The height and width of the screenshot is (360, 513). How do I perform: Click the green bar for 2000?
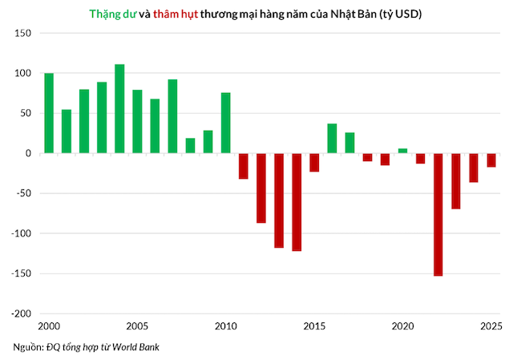(49, 113)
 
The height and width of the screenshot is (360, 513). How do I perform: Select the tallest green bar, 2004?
(119, 109)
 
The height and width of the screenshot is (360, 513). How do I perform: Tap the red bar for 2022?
(438, 215)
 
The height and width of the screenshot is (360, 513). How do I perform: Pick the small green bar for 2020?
(402, 151)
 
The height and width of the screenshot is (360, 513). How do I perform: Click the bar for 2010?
(226, 123)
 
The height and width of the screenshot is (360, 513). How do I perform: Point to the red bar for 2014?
(297, 202)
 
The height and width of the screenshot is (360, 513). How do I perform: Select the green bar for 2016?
(332, 139)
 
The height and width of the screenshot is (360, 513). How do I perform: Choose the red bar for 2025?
(491, 160)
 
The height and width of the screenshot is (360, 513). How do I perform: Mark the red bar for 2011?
(244, 166)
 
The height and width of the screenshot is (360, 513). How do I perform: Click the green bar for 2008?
(191, 146)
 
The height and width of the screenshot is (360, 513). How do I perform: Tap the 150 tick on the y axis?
(22, 33)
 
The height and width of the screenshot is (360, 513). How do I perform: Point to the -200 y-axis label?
(21, 313)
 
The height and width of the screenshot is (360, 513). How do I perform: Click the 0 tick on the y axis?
(28, 153)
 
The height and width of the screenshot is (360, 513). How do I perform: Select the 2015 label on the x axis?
(314, 326)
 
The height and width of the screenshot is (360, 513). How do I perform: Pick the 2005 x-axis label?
(137, 326)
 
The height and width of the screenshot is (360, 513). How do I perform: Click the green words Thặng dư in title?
(112, 14)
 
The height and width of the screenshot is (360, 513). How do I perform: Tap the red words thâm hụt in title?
(176, 14)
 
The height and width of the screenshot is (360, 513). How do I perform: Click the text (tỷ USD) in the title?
(401, 14)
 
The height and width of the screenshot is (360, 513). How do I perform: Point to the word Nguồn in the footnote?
(27, 347)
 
